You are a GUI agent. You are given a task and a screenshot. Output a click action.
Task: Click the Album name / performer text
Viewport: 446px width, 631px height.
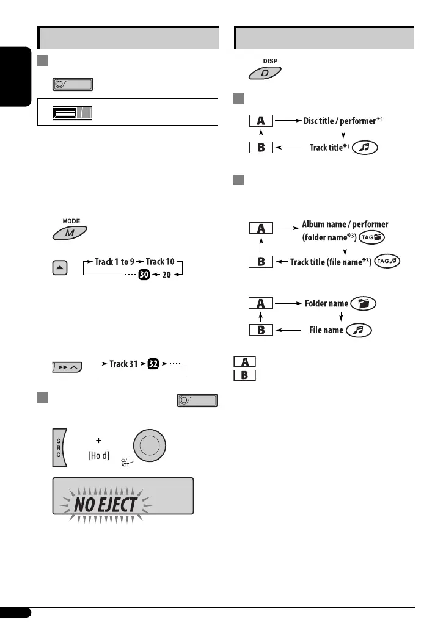coord(345,225)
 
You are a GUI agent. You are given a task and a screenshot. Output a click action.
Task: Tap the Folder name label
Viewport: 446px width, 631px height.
coord(326,303)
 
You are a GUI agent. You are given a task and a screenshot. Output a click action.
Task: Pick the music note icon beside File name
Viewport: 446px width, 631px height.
coord(359,330)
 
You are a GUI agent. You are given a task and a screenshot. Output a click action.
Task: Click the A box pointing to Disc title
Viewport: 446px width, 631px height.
coord(260,121)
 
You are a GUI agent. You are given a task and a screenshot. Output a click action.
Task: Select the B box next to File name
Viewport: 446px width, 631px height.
coord(260,330)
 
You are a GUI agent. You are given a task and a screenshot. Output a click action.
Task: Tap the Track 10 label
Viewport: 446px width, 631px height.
coord(160,262)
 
